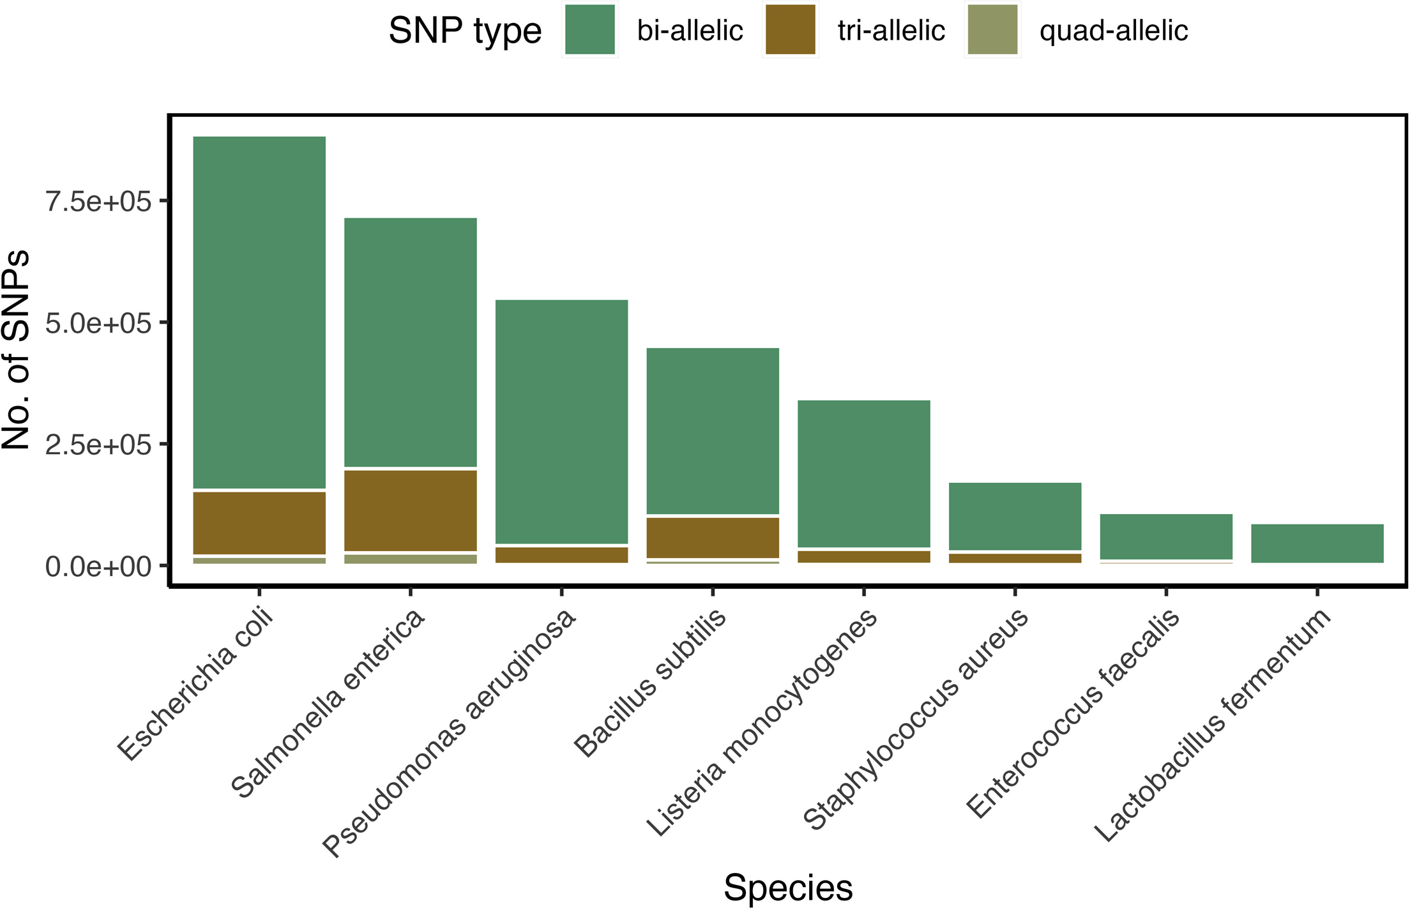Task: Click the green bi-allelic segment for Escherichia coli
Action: [259, 312]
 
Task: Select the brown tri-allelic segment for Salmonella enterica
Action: [410, 510]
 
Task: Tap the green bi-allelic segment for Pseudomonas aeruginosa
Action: [561, 421]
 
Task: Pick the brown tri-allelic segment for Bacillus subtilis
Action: [713, 537]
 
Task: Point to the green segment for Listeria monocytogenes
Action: [863, 473]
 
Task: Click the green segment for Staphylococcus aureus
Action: [1015, 516]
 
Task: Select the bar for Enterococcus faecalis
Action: [1166, 536]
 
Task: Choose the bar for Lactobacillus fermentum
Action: [1317, 543]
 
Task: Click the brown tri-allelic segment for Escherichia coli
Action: [259, 523]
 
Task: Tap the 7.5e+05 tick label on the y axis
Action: [98, 202]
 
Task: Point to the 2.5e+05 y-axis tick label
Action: [98, 444]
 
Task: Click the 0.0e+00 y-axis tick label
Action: [98, 566]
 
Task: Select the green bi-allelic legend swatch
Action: [590, 30]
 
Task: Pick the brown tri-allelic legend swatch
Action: [791, 30]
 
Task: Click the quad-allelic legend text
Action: [1113, 31]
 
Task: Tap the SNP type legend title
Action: [465, 31]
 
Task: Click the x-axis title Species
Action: [788, 888]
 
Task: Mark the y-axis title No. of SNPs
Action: [16, 350]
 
